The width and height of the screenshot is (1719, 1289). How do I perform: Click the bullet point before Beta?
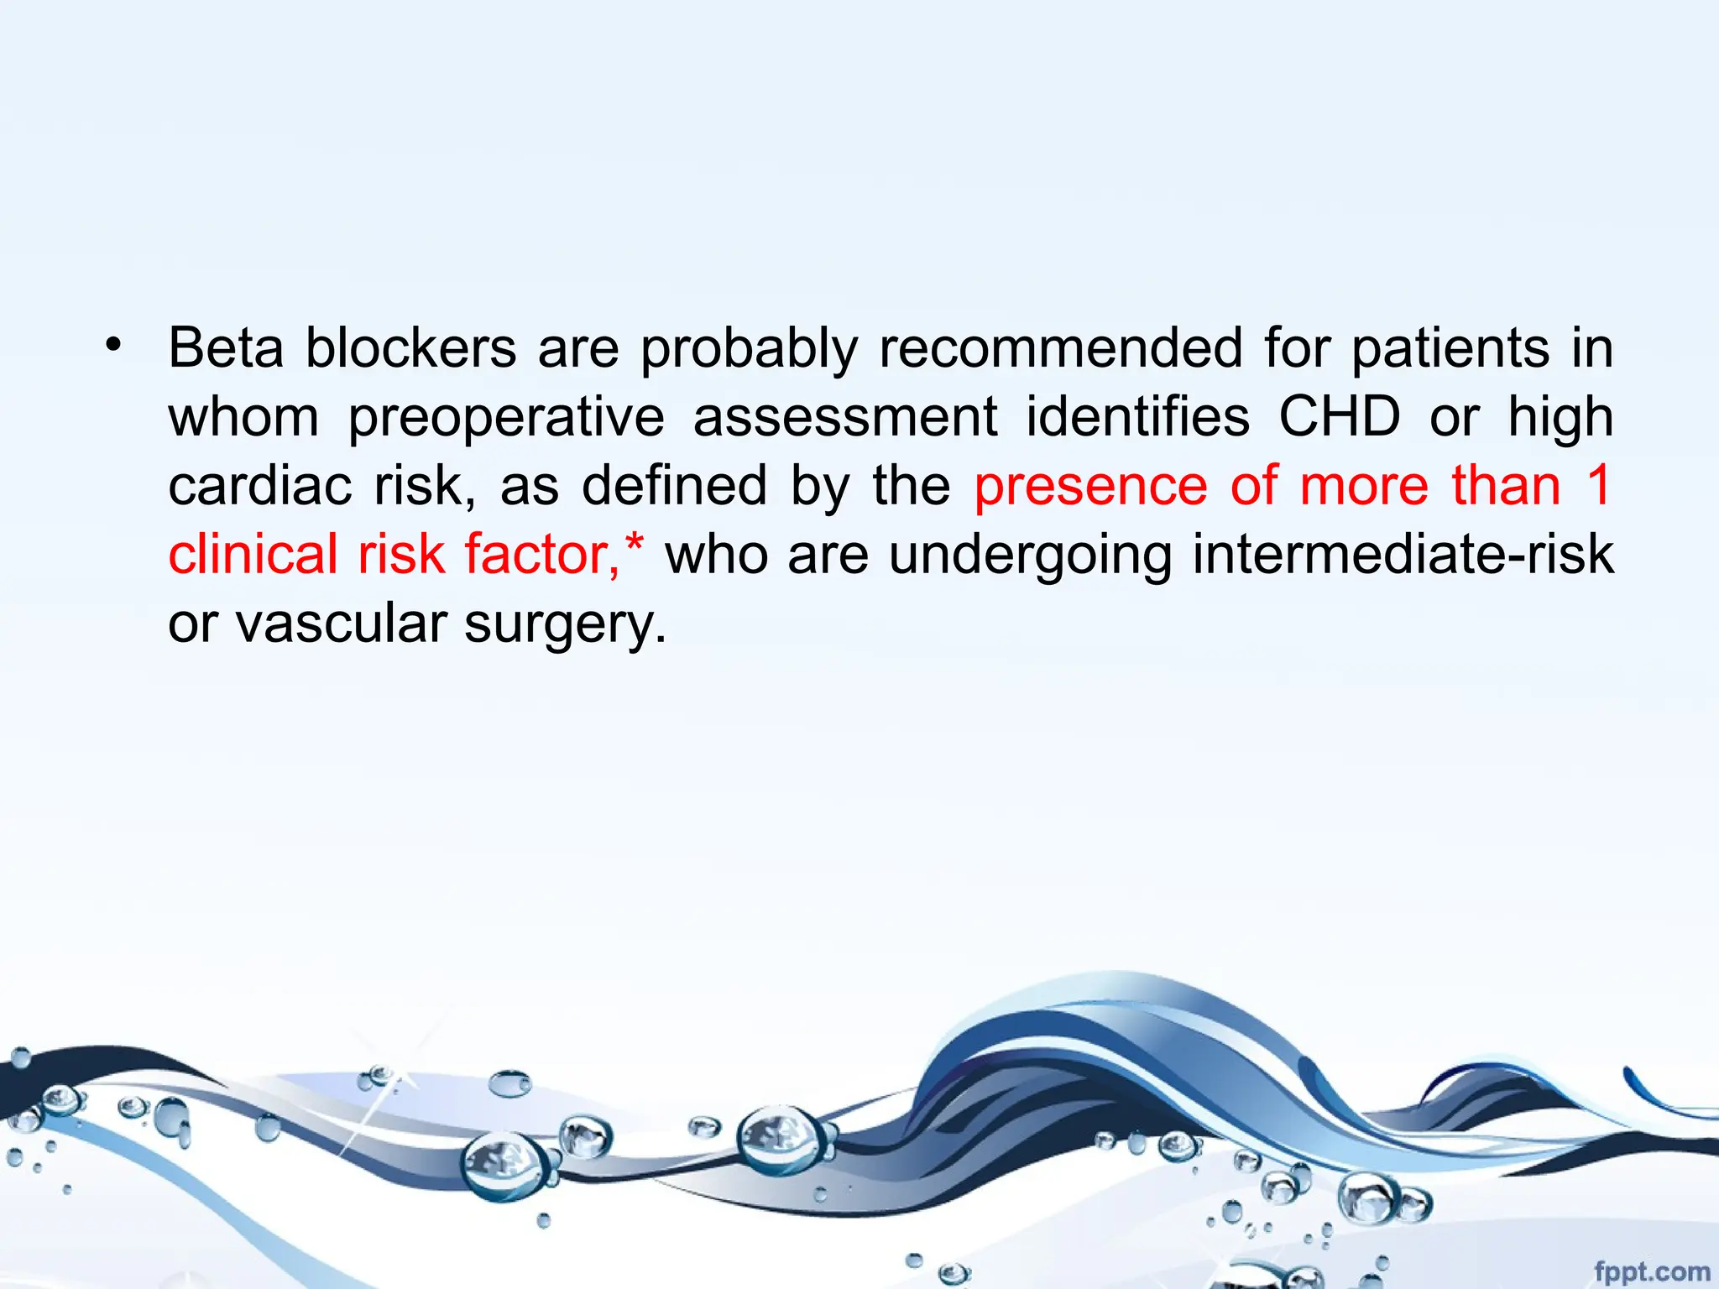(x=113, y=345)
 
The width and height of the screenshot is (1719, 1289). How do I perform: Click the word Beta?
(x=226, y=347)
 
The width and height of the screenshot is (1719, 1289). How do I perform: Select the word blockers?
(x=410, y=347)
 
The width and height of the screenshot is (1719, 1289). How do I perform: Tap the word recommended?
(x=1061, y=347)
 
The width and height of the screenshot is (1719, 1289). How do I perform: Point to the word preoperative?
(x=506, y=417)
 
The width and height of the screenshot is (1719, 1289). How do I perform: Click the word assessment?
(x=845, y=417)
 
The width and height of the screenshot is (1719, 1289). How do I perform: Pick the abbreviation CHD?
(x=1340, y=416)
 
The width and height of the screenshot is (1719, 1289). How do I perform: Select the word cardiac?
(x=259, y=485)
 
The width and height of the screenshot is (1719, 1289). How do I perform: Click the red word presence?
(x=1090, y=487)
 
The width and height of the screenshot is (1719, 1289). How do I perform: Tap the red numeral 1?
(x=1599, y=485)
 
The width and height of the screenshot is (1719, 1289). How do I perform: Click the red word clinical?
(x=253, y=554)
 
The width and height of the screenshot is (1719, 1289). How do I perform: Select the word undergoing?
(x=1030, y=556)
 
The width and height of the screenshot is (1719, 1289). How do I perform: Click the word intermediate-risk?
(x=1403, y=554)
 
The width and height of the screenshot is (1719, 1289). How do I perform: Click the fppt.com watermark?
(x=1651, y=1271)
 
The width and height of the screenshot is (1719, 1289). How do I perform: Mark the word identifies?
(x=1138, y=416)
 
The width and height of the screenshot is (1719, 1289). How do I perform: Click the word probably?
(x=750, y=349)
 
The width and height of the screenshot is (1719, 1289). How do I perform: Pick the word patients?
(x=1450, y=347)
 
